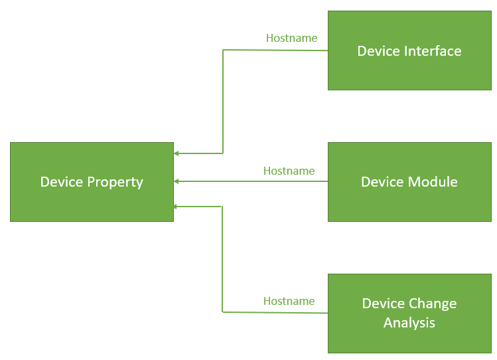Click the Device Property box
[x=92, y=181]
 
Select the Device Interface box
[x=409, y=50]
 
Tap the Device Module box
[x=409, y=181]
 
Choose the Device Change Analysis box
[x=409, y=313]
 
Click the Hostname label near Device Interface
[x=291, y=38]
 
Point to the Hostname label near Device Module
[x=289, y=171]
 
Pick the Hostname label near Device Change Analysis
[x=289, y=301]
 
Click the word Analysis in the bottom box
[x=409, y=323]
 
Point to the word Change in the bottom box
[x=433, y=304]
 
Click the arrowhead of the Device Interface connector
[x=177, y=153]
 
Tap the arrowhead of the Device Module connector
[x=177, y=181]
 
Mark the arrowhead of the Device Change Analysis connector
[x=177, y=207]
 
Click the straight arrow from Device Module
[x=252, y=181]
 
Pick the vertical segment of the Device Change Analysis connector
[x=222, y=259]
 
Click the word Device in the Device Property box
[x=58, y=182]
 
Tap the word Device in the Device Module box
[x=379, y=182]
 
